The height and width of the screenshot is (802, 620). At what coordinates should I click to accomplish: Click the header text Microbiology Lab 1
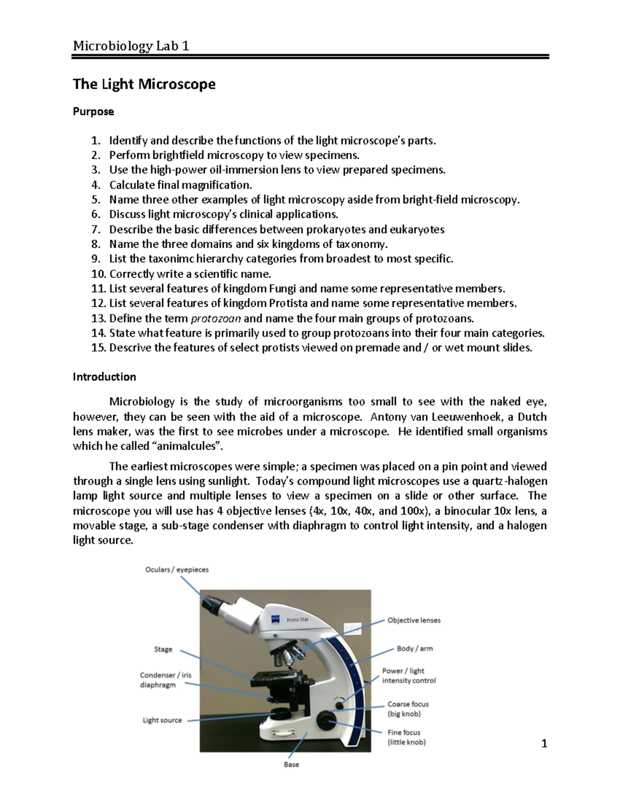coord(131,46)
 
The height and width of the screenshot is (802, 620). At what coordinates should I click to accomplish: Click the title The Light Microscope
coord(144,84)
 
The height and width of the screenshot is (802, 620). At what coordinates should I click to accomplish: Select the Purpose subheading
coord(93,112)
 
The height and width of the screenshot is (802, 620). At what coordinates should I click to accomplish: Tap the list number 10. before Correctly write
coord(98,274)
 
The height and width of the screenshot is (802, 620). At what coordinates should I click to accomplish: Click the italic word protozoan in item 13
coord(216,318)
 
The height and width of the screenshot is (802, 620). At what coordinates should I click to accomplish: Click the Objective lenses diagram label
coord(414,620)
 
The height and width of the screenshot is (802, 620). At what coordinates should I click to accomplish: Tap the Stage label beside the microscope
coord(163,649)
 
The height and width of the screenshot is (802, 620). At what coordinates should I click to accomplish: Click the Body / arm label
coord(414,648)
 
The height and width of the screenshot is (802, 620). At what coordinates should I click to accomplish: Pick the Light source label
coord(162,720)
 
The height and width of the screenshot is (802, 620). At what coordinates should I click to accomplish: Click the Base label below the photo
coord(291,764)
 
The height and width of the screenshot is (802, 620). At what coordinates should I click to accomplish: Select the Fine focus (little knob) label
coord(406,737)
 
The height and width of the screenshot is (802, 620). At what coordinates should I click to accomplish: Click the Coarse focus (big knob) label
coord(408,709)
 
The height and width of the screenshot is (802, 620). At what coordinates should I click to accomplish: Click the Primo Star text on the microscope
coord(298,620)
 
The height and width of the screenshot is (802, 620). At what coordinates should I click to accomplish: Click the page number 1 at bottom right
coord(544,744)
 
